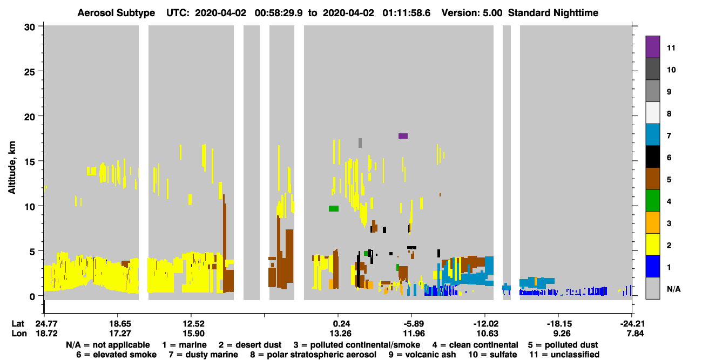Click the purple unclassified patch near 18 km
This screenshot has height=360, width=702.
(403, 136)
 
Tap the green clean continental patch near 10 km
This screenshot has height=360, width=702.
(334, 208)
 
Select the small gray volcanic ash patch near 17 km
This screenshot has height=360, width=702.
(360, 143)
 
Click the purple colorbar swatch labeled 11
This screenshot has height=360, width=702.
(653, 47)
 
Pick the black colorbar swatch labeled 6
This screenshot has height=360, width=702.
(653, 157)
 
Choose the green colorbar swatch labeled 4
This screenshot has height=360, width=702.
(653, 201)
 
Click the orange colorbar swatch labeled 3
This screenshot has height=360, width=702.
(653, 222)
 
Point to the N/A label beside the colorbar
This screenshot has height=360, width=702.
(673, 289)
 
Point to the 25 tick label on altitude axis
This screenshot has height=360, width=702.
(30, 72)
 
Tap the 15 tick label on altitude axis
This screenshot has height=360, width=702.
(30, 162)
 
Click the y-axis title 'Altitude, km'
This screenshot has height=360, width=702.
(11, 168)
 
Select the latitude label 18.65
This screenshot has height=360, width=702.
(120, 324)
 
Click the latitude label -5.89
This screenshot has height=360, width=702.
(414, 324)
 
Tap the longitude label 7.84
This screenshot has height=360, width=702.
(635, 334)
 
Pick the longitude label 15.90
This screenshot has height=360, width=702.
(193, 334)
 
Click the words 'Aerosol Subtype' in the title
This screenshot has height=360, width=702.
(116, 13)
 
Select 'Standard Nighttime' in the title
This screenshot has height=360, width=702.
(553, 13)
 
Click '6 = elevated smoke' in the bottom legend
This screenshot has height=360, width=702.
(116, 355)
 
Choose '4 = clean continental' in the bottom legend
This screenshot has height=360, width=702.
(475, 345)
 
